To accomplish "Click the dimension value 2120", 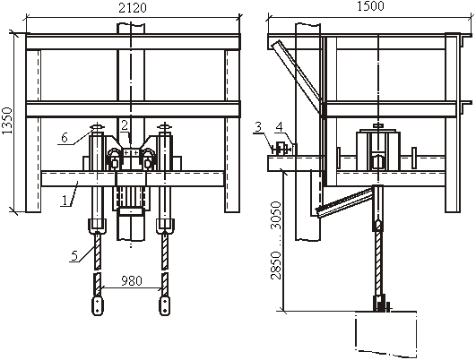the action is pyautogui.click(x=133, y=7).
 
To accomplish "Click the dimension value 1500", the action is pyautogui.click(x=370, y=5).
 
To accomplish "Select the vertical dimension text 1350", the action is pyautogui.click(x=6, y=120).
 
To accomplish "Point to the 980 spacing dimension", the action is pyautogui.click(x=132, y=281).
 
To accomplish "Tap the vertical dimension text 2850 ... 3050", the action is pyautogui.click(x=276, y=240).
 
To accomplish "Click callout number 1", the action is pyautogui.click(x=65, y=201).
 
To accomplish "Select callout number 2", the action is pyautogui.click(x=125, y=125).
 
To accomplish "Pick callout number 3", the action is pyautogui.click(x=258, y=127).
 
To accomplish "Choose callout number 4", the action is pyautogui.click(x=280, y=127).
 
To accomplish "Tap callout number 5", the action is pyautogui.click(x=74, y=255).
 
